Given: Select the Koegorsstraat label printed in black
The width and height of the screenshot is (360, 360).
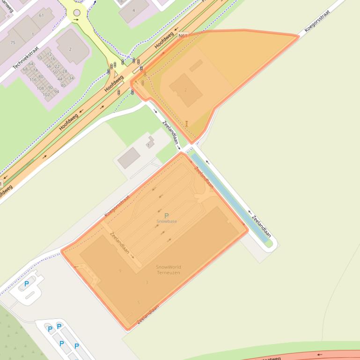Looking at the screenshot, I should [x=317, y=21].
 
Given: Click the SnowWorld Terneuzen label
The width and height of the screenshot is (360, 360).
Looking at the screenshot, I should [x=168, y=270].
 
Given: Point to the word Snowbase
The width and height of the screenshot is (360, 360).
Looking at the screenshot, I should [x=167, y=221].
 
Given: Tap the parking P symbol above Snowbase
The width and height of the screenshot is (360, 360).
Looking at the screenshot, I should [x=167, y=216].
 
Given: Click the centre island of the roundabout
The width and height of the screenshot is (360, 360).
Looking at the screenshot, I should [x=77, y=13].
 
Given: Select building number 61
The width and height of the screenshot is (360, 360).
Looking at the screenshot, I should [x=41, y=15].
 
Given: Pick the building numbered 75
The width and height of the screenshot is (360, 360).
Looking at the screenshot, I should [x=13, y=43].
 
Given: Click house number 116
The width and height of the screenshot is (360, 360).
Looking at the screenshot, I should [x=33, y=80].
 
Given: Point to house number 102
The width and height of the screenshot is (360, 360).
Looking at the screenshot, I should [x=46, y=94].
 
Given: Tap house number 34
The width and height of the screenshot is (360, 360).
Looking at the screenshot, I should [x=71, y=78].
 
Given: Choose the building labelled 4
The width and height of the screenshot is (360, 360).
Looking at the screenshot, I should [x=133, y=10].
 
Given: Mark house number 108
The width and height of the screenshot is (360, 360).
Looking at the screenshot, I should [x=40, y=88].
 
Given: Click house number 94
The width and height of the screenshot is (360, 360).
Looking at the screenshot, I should [x=56, y=91].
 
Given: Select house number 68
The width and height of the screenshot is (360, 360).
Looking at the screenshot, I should [x=26, y=69].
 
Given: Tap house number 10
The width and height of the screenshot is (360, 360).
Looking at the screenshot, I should [x=39, y=58].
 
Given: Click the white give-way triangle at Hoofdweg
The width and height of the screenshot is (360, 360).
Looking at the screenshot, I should [x=116, y=73].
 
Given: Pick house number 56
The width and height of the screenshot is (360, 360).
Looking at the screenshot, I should [x=49, y=66].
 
